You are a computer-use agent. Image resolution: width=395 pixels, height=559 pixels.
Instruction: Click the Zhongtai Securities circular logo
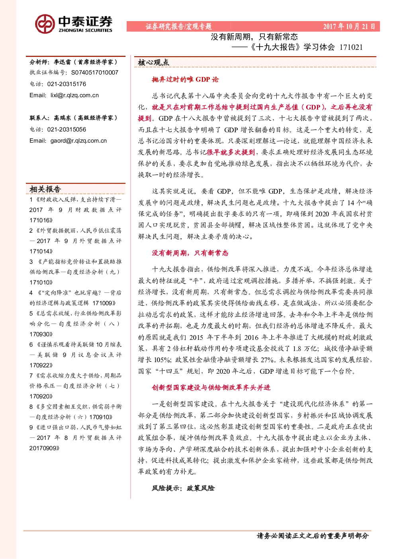point(45,24)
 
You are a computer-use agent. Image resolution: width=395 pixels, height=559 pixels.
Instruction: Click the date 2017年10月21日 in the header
point(349,26)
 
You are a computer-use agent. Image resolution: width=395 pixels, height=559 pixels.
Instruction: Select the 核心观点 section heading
point(154,63)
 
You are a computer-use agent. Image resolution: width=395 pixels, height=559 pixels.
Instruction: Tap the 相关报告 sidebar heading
point(45,189)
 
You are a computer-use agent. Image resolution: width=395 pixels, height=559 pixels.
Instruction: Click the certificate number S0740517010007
point(95,73)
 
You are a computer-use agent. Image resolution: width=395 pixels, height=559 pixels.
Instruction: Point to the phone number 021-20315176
point(66,84)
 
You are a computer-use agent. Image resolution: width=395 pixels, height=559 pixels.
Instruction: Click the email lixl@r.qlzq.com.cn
point(74,95)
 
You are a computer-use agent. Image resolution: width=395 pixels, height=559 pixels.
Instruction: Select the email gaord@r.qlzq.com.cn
point(78,141)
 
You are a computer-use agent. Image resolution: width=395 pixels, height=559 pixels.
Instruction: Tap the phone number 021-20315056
point(66,129)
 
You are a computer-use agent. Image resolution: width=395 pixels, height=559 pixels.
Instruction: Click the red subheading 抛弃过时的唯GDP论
point(185,79)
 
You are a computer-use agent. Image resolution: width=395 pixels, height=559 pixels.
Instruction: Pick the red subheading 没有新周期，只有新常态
point(190,253)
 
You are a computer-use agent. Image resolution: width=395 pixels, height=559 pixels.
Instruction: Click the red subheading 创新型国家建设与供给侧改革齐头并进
point(211,387)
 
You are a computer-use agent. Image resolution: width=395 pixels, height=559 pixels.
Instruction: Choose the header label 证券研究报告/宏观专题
point(178,26)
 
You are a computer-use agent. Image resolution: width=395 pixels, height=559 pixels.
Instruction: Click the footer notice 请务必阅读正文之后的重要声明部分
point(313,535)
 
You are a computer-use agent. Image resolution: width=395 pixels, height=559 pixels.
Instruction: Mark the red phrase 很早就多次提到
point(231,152)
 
